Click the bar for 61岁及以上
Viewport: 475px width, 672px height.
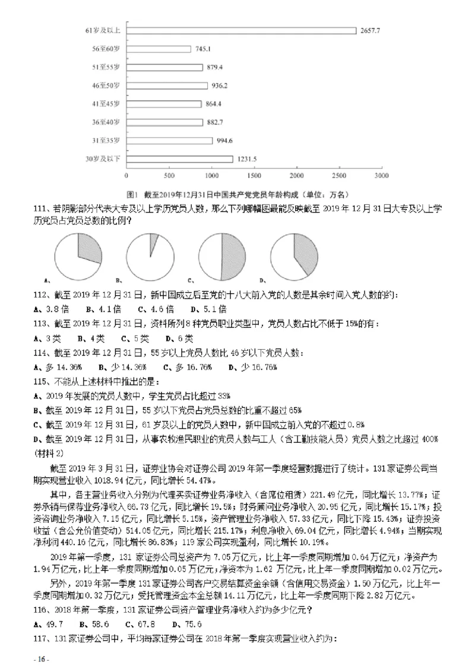coord(241,30)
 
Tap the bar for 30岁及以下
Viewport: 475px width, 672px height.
coord(179,159)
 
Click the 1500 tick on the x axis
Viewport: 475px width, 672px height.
coord(254,176)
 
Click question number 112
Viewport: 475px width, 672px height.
coord(44,295)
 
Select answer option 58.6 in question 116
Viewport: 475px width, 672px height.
coord(97,625)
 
